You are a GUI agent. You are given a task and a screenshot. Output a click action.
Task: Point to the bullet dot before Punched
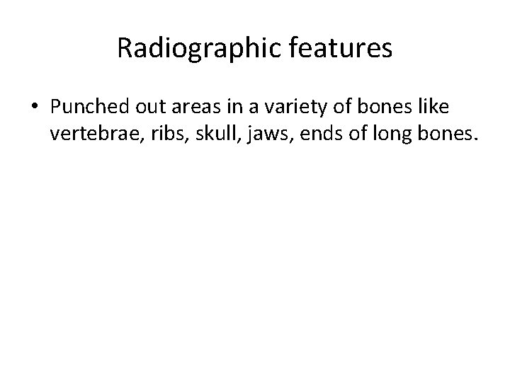pos(35,109)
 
